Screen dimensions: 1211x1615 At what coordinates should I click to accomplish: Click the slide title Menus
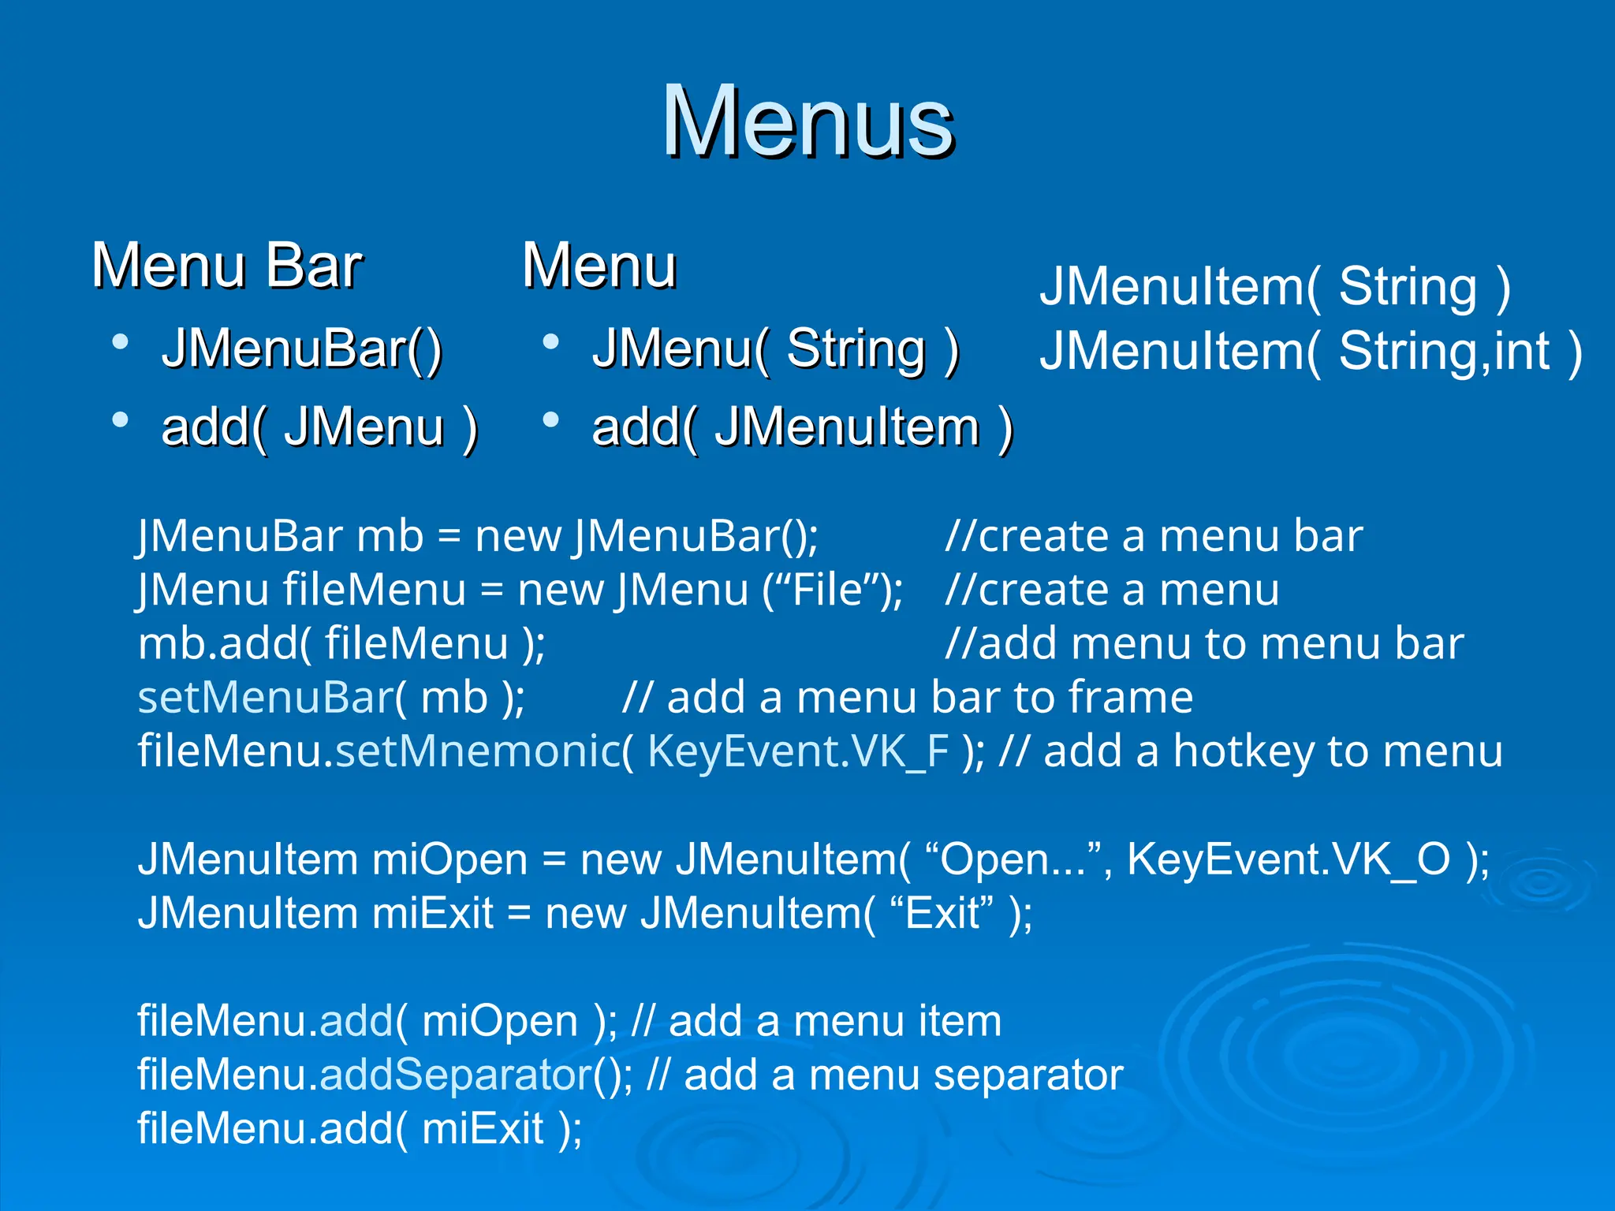[807, 122]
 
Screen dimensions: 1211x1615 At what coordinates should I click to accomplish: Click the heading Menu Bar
[227, 266]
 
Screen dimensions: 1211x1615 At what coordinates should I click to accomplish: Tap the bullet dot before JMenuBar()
[120, 342]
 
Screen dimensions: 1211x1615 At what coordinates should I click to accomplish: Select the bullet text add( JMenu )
[319, 428]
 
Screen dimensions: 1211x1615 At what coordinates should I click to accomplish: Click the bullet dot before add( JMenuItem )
[550, 420]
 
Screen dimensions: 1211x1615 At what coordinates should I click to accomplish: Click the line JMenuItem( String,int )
[1310, 352]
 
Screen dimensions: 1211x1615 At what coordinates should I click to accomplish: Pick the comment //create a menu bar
[1154, 537]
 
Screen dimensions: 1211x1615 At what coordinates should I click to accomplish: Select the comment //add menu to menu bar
[1203, 644]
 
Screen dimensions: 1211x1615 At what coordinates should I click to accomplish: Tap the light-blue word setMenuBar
[266, 699]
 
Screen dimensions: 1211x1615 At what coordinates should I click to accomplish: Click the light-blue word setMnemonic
[478, 751]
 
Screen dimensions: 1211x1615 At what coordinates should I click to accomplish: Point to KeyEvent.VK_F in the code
[797, 751]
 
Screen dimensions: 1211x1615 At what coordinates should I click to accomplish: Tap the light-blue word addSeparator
[456, 1075]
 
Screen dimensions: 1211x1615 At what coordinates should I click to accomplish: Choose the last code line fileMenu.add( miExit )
[360, 1129]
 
